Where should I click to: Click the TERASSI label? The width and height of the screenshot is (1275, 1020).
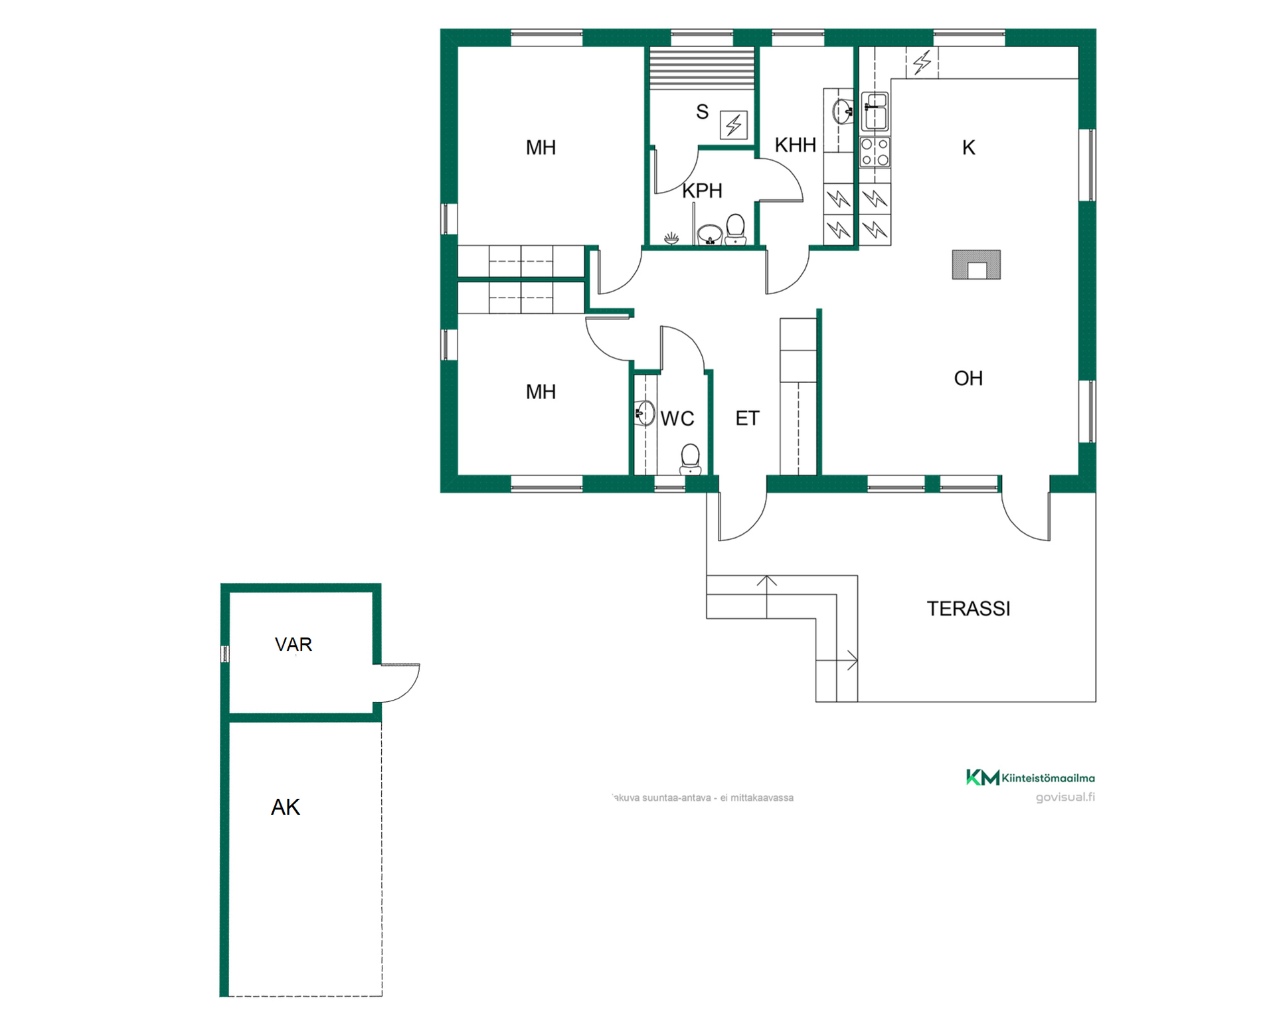tap(968, 608)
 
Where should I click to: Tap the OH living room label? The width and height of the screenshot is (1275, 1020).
tap(968, 379)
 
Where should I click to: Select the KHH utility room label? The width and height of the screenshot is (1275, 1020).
tap(795, 145)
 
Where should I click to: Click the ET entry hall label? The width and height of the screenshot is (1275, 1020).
tap(747, 418)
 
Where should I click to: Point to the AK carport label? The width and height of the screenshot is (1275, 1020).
tap(286, 807)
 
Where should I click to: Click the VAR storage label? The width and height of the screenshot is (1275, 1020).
tap(293, 644)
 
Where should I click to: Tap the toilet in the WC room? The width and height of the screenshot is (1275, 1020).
tap(691, 459)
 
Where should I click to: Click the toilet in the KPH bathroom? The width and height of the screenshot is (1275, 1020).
tap(735, 230)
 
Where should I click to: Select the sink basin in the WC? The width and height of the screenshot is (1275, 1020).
tap(644, 413)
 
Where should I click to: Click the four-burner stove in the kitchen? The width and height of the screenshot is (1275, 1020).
tap(875, 152)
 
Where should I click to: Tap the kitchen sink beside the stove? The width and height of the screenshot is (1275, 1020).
tap(875, 112)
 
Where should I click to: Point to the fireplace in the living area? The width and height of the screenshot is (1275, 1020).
tap(976, 265)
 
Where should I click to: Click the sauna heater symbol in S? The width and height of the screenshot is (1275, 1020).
tap(734, 125)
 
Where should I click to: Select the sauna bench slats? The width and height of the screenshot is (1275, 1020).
tap(702, 68)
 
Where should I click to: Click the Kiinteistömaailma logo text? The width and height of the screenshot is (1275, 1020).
tap(1048, 778)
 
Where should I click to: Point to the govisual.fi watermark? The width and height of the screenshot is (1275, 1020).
tap(1065, 797)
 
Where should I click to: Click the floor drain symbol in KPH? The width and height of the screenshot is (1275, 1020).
tap(671, 238)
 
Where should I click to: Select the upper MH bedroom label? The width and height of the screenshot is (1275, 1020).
tap(541, 147)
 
